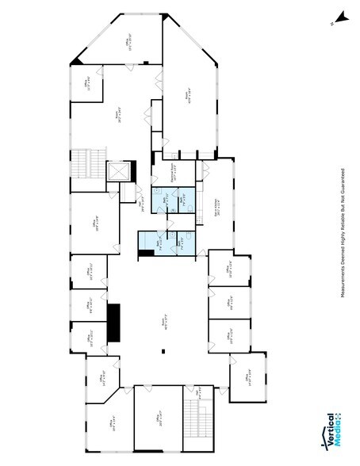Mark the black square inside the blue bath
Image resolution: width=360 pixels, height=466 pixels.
145,252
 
